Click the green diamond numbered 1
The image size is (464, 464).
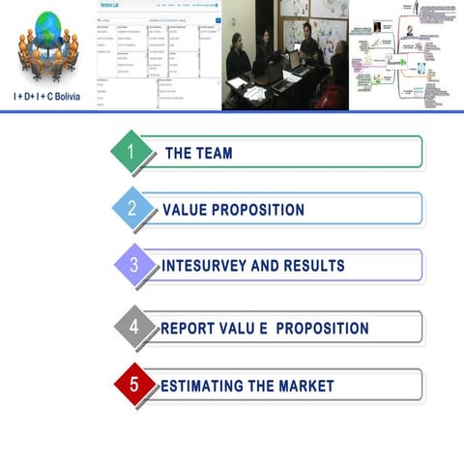point(132,152)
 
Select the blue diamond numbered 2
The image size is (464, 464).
point(133,209)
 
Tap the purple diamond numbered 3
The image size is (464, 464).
point(134,265)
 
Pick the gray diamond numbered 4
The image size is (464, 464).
point(134,328)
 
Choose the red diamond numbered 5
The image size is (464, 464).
point(134,385)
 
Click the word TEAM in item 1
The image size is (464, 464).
point(212,153)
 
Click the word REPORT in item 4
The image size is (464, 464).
point(189,329)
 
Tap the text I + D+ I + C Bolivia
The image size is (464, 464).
point(47,97)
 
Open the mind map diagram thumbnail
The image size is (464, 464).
point(406,54)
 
